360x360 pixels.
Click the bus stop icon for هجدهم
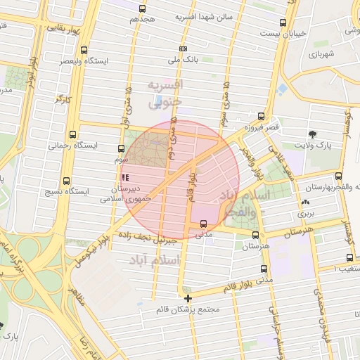click(x=143, y=9)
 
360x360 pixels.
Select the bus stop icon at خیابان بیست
click(x=283, y=22)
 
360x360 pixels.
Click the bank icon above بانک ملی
click(x=184, y=49)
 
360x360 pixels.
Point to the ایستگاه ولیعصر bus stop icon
click(x=84, y=51)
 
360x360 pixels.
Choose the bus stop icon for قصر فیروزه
click(x=261, y=117)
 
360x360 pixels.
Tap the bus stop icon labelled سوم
click(x=121, y=149)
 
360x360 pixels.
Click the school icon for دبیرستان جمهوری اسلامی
click(x=126, y=178)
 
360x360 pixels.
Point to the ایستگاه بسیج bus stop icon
click(x=66, y=181)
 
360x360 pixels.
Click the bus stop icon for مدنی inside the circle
click(x=203, y=224)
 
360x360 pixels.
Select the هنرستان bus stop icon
click(x=255, y=236)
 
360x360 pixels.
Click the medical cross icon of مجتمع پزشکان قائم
click(x=187, y=298)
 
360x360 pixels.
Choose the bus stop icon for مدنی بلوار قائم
click(x=264, y=269)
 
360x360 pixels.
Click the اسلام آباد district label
click(x=154, y=261)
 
